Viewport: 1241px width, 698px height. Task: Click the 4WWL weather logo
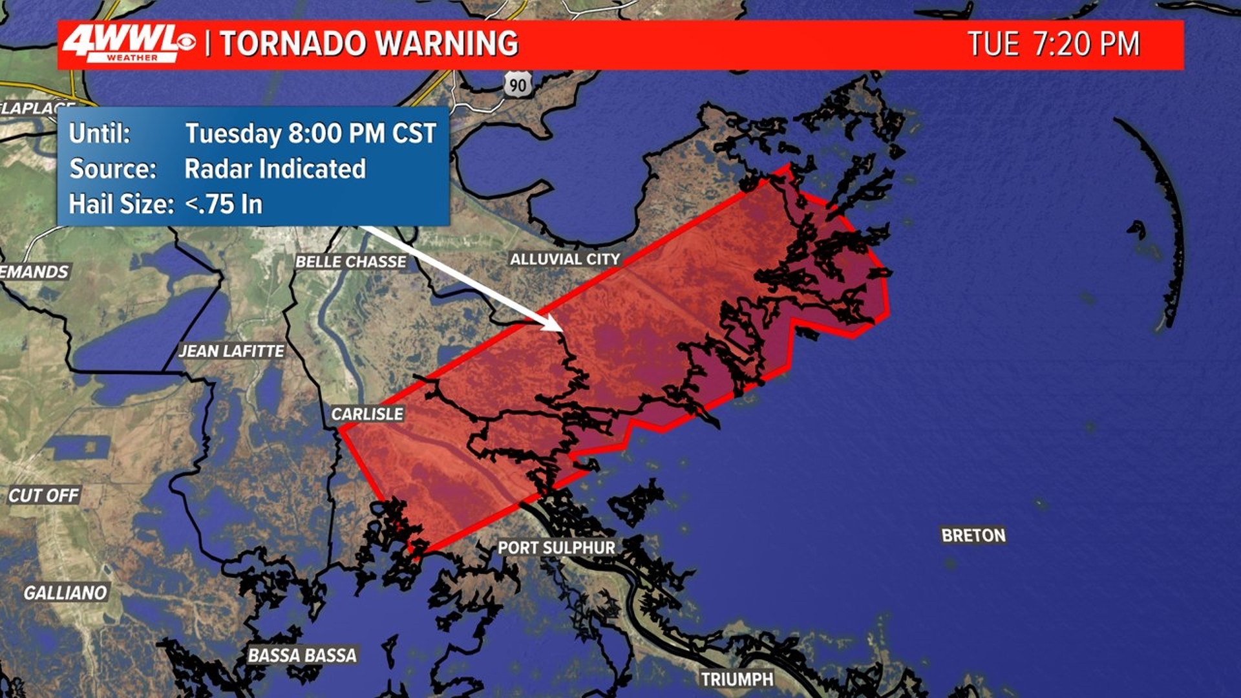pos(128,44)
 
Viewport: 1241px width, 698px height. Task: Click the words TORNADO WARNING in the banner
pos(369,44)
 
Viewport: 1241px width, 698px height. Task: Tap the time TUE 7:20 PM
pos(1054,44)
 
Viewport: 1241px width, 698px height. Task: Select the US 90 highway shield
pos(518,85)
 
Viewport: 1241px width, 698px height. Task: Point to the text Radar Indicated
pos(275,169)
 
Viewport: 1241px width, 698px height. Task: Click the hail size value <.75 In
pos(224,204)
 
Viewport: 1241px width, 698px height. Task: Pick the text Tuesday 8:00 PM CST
pos(311,134)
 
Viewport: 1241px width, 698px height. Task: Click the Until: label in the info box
pos(100,134)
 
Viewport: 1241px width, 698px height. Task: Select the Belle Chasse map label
pos(351,262)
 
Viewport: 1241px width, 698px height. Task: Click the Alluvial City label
pos(565,259)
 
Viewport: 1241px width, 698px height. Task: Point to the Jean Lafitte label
pos(231,351)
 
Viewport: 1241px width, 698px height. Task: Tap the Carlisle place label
pos(367,414)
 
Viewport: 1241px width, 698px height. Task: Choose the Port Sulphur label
pos(557,548)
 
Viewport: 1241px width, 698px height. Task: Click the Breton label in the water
pos(973,535)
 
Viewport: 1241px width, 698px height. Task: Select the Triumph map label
pos(737,679)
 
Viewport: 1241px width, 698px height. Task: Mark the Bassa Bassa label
pos(302,655)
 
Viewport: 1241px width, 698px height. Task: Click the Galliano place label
pos(65,593)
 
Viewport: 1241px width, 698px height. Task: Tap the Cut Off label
pos(44,496)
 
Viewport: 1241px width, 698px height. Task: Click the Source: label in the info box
pos(113,169)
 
